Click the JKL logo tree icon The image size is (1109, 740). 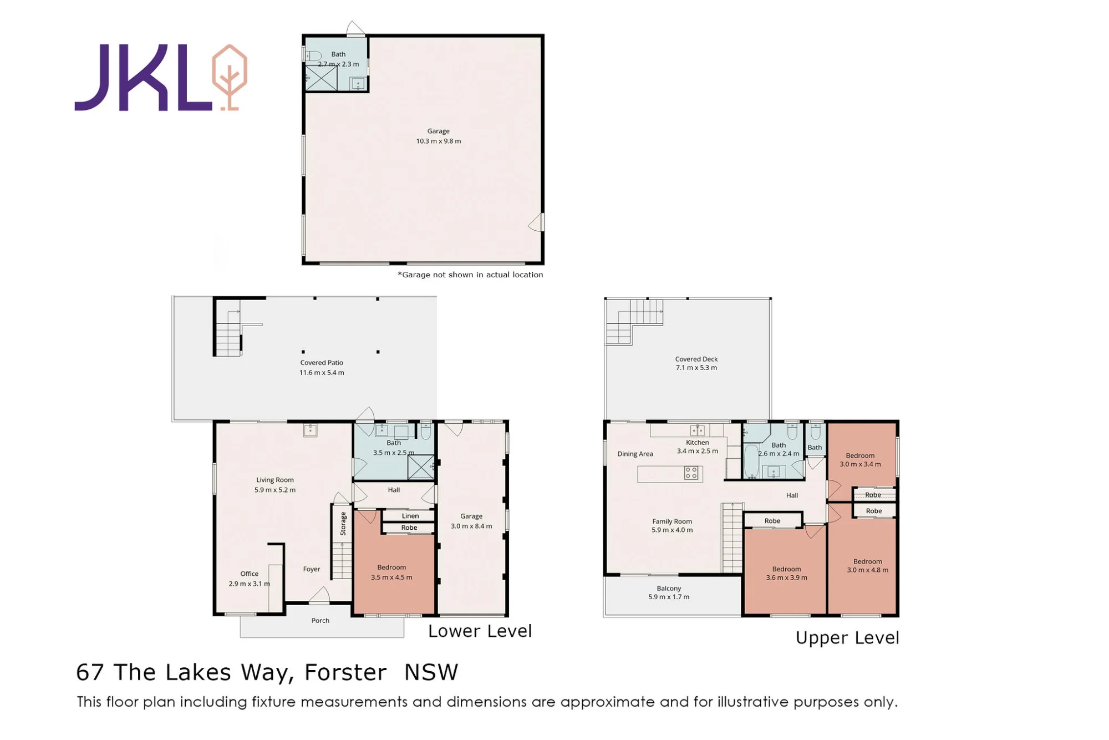(230, 77)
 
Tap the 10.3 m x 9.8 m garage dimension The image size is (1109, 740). (439, 141)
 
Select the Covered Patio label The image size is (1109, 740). (322, 363)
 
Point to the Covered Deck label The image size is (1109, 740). (696, 359)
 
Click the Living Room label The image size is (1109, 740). (275, 480)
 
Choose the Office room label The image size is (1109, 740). (250, 574)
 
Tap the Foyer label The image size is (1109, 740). (312, 569)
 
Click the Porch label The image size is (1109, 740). (321, 620)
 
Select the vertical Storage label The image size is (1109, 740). (343, 524)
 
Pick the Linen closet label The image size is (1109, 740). (410, 516)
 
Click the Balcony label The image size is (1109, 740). (669, 589)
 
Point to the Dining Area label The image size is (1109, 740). (635, 454)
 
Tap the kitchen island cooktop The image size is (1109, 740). (691, 473)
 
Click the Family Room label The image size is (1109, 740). (672, 521)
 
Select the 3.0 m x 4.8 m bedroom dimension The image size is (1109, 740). (868, 570)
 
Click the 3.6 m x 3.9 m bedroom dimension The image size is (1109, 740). (787, 578)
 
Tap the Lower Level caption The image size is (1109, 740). (480, 631)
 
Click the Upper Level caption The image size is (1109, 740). (847, 638)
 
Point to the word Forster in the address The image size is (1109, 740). (345, 672)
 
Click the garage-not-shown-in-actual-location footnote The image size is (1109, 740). (470, 275)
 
